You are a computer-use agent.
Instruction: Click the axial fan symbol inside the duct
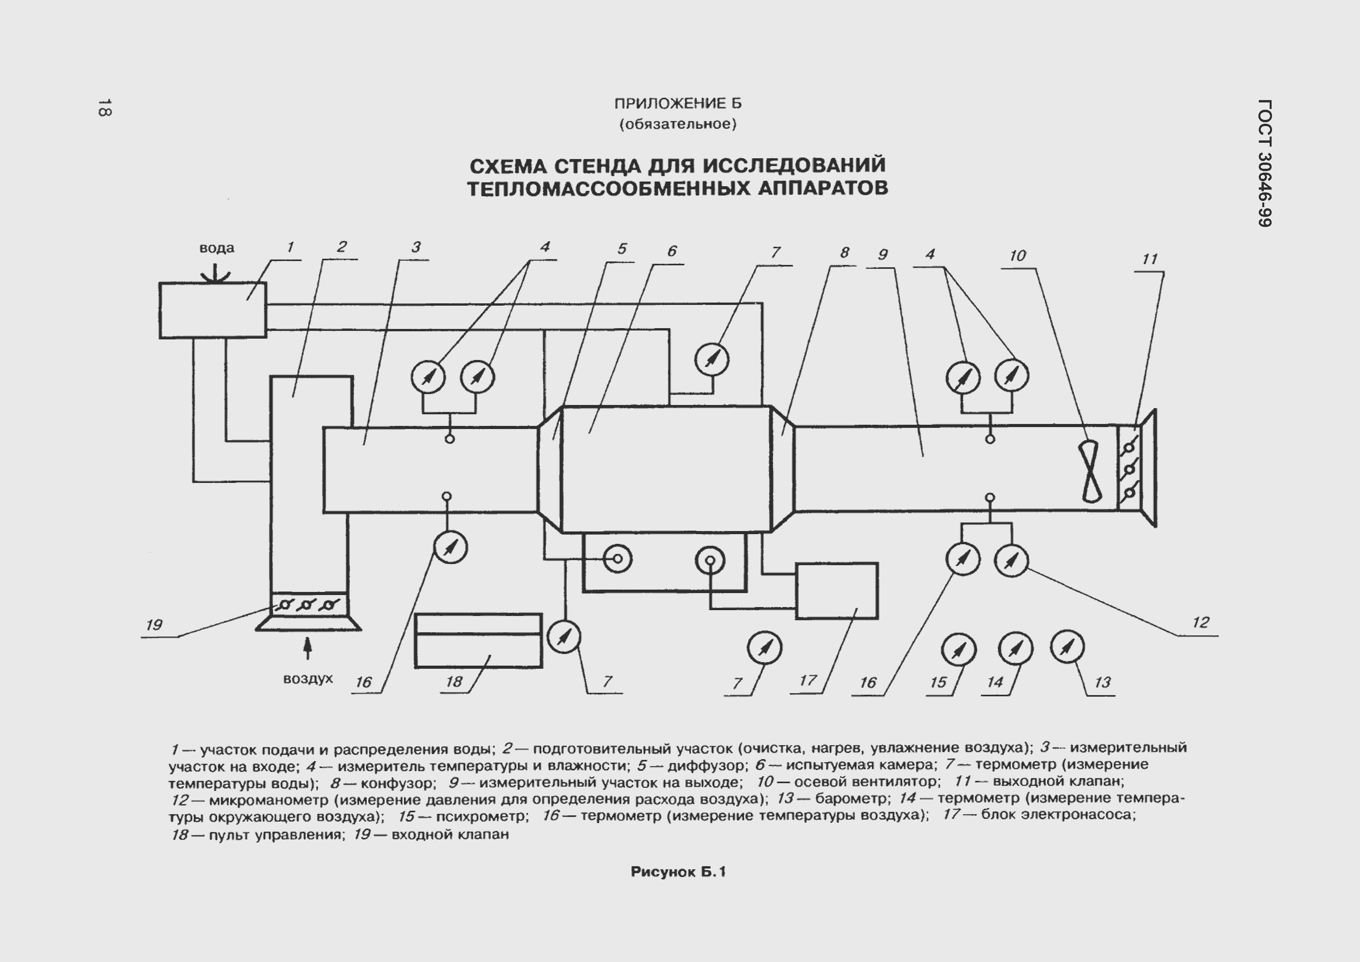1091,472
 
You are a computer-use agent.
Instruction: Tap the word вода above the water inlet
216,248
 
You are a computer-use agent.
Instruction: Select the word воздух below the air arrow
307,679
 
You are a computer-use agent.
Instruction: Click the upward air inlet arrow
307,648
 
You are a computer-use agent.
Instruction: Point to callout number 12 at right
1200,622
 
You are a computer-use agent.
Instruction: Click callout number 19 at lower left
154,625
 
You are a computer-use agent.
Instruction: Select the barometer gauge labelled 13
1067,647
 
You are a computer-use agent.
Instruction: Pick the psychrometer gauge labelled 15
958,650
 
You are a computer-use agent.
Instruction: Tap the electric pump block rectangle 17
836,591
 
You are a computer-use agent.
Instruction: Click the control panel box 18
478,641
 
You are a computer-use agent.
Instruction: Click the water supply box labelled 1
213,310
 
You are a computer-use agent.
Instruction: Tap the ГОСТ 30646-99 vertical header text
1263,163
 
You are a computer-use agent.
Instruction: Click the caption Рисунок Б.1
678,872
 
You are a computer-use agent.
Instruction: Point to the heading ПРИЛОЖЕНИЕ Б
678,104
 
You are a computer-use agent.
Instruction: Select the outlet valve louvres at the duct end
1129,468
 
